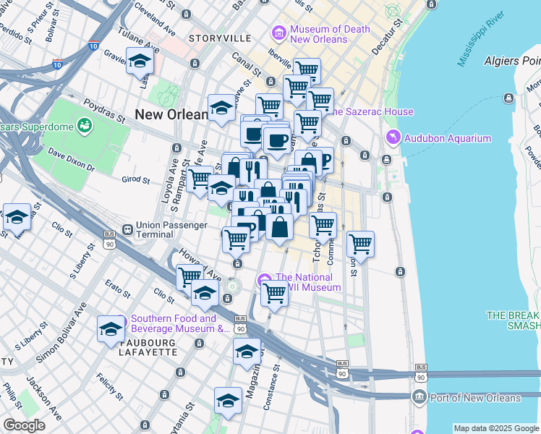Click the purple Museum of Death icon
click(278, 33)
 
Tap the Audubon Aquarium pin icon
click(392, 137)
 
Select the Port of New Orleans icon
click(419, 397)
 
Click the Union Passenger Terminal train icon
click(127, 230)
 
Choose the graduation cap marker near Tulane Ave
click(140, 61)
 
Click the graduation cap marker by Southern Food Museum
click(111, 328)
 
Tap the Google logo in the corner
click(24, 425)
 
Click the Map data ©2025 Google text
click(496, 428)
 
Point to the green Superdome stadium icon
click(85, 126)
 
